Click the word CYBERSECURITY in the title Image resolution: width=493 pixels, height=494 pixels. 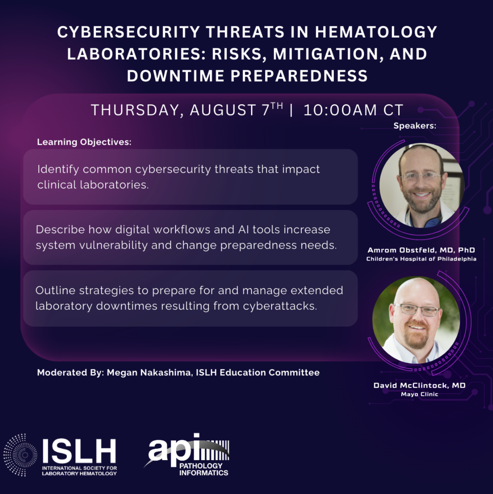point(129,32)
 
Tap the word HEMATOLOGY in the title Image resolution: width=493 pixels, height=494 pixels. point(376,32)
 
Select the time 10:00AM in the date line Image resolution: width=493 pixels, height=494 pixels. point(340,110)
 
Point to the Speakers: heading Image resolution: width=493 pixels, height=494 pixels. point(415,126)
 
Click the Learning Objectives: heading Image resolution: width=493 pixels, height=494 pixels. point(84,142)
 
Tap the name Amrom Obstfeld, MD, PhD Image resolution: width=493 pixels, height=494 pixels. point(421,250)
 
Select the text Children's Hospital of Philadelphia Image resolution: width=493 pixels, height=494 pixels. point(421,259)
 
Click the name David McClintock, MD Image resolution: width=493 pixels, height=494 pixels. point(419,385)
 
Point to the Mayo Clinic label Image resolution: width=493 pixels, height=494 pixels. point(419,394)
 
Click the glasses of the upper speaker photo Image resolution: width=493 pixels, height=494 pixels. point(421,176)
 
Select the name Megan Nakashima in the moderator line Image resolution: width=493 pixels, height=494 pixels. point(149,373)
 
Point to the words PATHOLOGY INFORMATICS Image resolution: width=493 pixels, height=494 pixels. point(204,469)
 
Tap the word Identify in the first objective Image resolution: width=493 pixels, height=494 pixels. point(58,169)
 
